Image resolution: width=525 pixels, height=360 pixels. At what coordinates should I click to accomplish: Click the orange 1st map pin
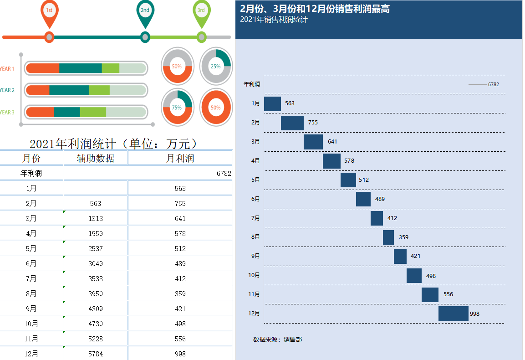(49, 12)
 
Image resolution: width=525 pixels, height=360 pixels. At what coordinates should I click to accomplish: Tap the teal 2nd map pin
(145, 12)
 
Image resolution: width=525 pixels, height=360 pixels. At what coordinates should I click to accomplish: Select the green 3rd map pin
(201, 12)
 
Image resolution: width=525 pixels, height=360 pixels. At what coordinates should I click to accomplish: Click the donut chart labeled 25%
(216, 66)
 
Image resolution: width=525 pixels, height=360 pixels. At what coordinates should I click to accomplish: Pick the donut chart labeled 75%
(177, 108)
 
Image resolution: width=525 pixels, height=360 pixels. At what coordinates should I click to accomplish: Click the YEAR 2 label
(7, 90)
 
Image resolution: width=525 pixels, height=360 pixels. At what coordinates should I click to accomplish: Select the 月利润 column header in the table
(180, 158)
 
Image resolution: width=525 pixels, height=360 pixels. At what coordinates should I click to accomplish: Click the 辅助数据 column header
(96, 158)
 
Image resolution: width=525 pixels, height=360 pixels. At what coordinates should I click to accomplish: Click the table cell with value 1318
(96, 218)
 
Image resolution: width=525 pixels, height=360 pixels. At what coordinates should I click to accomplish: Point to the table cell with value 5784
(96, 354)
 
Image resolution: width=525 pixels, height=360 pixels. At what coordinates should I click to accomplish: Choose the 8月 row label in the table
(31, 293)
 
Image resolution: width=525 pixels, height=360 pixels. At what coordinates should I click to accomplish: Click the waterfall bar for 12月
(453, 314)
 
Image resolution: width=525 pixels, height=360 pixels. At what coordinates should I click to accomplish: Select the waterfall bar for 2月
(292, 123)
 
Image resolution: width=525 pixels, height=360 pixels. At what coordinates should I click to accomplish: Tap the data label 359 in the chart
(403, 237)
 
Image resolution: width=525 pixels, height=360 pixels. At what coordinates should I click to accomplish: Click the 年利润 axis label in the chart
(252, 84)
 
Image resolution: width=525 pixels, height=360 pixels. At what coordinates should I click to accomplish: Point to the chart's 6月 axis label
(255, 199)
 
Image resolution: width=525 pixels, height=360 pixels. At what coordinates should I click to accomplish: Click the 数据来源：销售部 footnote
(277, 339)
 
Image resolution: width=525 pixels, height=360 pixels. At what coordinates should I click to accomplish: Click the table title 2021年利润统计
(114, 144)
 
